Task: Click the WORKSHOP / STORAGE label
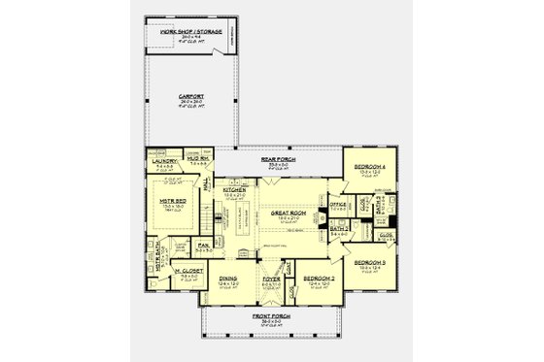coord(190,32)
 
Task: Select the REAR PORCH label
coord(278,157)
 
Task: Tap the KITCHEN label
coord(238,191)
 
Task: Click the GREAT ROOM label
coord(289,212)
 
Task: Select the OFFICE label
coord(338,205)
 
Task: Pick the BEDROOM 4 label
coord(369,166)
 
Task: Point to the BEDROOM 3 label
coord(370,263)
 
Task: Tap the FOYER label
coord(271,278)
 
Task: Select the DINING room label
coord(228,278)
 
